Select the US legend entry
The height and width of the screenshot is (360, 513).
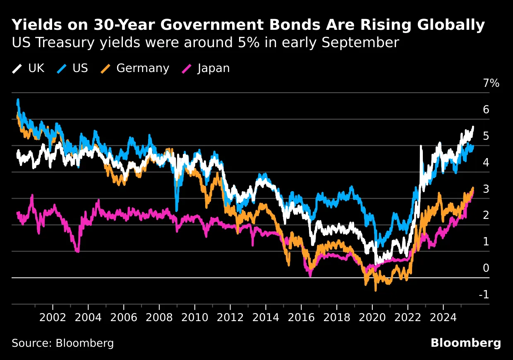(72, 68)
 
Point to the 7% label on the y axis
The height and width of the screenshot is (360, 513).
(491, 83)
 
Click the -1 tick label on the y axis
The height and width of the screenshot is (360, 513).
(484, 295)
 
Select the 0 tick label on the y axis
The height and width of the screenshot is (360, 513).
(486, 268)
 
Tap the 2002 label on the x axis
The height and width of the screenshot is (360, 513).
(53, 319)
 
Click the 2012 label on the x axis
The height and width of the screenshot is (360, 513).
(230, 319)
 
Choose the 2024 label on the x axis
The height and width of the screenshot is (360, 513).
(443, 319)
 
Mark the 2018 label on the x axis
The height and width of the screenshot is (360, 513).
(336, 319)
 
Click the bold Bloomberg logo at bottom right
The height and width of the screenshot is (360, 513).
(465, 343)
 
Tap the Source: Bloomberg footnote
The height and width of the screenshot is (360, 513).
(62, 343)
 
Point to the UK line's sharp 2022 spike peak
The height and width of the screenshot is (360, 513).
(421, 146)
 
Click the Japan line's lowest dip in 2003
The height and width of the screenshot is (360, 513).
(77, 251)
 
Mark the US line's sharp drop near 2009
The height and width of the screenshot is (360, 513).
(177, 209)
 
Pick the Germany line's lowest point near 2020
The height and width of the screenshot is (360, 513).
(376, 290)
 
